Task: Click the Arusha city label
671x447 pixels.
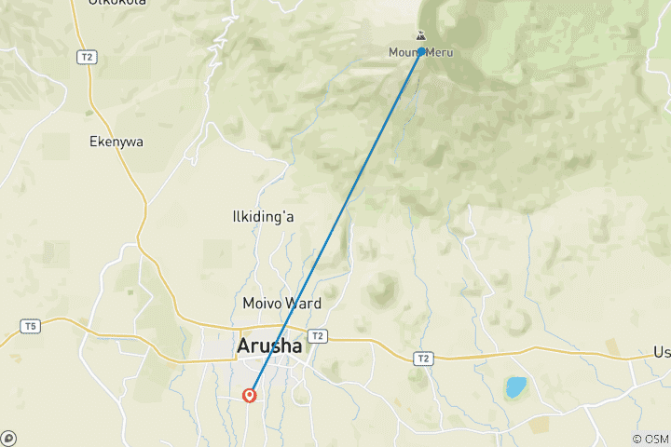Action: pyautogui.click(x=269, y=346)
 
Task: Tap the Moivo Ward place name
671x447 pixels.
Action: pyautogui.click(x=281, y=304)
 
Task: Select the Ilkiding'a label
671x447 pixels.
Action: pyautogui.click(x=263, y=217)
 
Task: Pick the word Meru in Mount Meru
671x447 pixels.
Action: pyautogui.click(x=440, y=53)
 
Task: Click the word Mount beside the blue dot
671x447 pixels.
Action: pyautogui.click(x=404, y=53)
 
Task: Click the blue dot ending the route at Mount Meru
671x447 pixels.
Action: pyautogui.click(x=422, y=51)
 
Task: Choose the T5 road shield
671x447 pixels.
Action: pyautogui.click(x=31, y=326)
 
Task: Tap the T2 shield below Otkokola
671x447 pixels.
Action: pyautogui.click(x=88, y=57)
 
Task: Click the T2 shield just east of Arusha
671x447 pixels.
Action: pyautogui.click(x=318, y=336)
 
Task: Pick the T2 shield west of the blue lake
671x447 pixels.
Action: pyautogui.click(x=424, y=358)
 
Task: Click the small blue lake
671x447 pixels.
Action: pyautogui.click(x=514, y=386)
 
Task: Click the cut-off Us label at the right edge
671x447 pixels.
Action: pyautogui.click(x=662, y=353)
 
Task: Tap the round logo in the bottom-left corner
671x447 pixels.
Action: pyautogui.click(x=8, y=438)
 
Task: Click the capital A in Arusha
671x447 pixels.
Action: pyautogui.click(x=244, y=346)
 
